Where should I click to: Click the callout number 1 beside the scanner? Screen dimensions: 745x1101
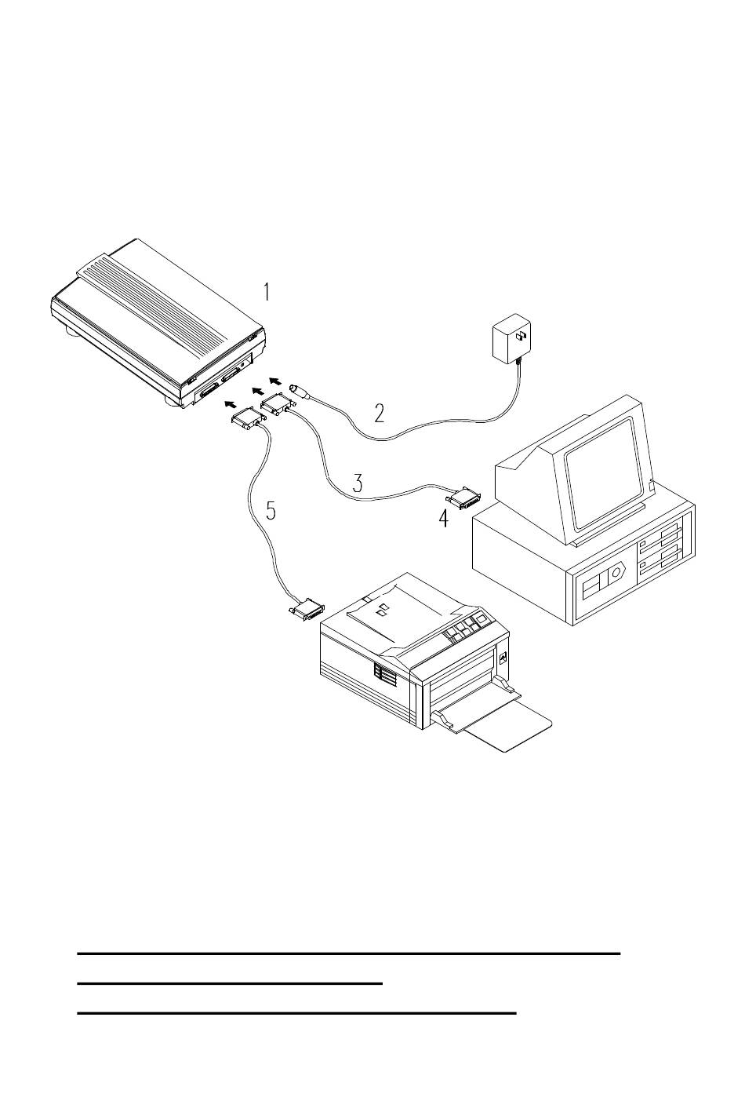(x=266, y=292)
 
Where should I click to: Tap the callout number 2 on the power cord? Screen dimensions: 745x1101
(x=379, y=414)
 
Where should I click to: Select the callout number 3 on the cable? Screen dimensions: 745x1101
(x=358, y=483)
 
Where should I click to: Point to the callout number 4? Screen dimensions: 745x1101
(x=443, y=518)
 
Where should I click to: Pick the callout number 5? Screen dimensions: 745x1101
(x=271, y=510)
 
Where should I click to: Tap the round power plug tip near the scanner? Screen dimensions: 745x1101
(x=299, y=391)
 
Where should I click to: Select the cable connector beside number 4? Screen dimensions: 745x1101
(x=464, y=499)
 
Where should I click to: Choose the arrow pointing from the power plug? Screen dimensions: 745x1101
(x=276, y=380)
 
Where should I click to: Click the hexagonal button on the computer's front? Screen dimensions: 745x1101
(x=614, y=574)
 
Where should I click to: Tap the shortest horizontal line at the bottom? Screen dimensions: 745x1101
(x=230, y=983)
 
